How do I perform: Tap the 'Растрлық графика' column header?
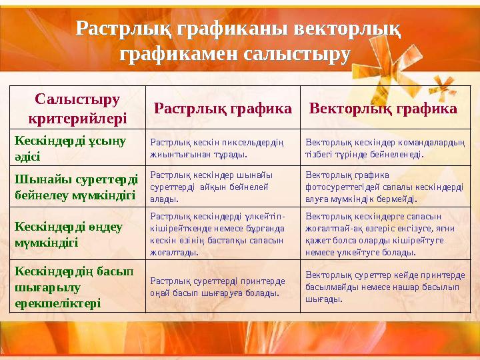(223, 108)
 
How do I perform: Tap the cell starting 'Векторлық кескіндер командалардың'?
(385, 147)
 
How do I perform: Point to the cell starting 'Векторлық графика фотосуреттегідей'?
(384, 186)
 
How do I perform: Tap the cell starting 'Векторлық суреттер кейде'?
(385, 287)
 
